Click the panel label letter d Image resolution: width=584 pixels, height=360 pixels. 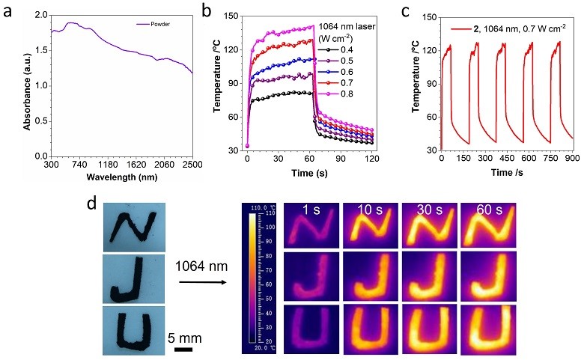[x=91, y=204]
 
